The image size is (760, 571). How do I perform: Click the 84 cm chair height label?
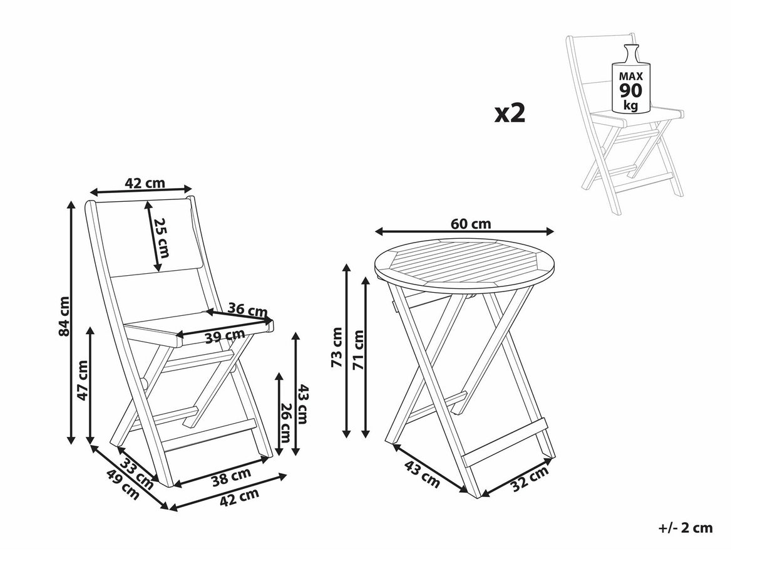click(x=64, y=316)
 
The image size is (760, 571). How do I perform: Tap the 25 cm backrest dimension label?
click(x=162, y=238)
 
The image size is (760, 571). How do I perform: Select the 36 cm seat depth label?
click(x=247, y=310)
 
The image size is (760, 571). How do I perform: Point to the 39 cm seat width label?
click(x=225, y=336)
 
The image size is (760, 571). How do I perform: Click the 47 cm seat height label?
click(x=83, y=380)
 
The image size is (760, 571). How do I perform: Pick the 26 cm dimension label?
click(x=285, y=422)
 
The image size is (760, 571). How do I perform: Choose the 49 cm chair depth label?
click(x=123, y=485)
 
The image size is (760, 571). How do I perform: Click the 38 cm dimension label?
click(x=232, y=476)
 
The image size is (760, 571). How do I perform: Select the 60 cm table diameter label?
click(x=471, y=224)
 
